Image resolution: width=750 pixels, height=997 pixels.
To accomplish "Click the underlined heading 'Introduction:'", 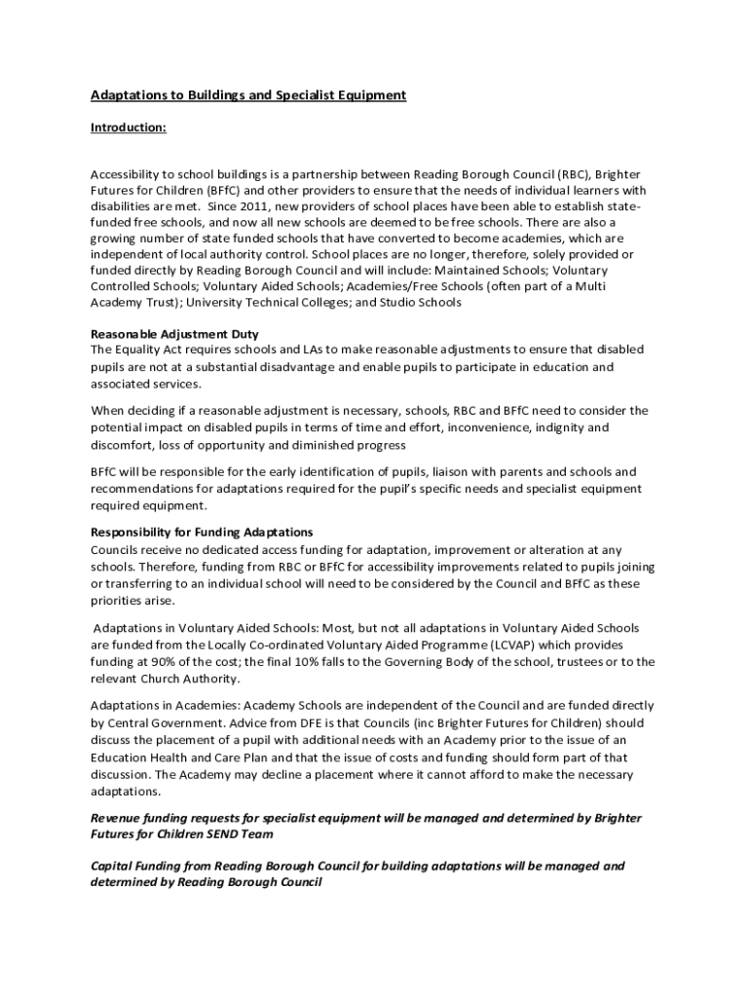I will [x=128, y=128].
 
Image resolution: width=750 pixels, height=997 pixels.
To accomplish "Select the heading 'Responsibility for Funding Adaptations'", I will [x=202, y=533].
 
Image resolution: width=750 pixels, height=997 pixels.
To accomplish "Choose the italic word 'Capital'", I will [x=114, y=866].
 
